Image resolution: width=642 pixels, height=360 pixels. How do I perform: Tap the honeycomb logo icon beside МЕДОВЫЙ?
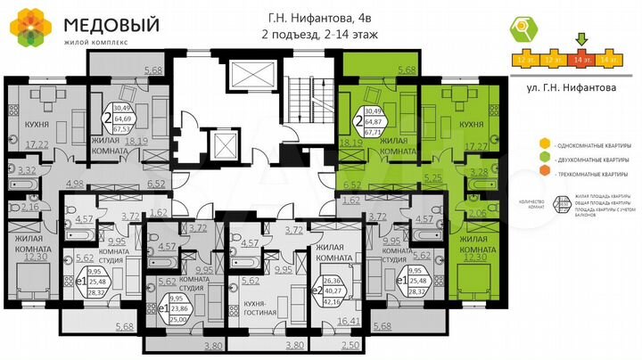[x=29, y=28]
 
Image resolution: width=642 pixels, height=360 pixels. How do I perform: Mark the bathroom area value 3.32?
[x=27, y=169]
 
